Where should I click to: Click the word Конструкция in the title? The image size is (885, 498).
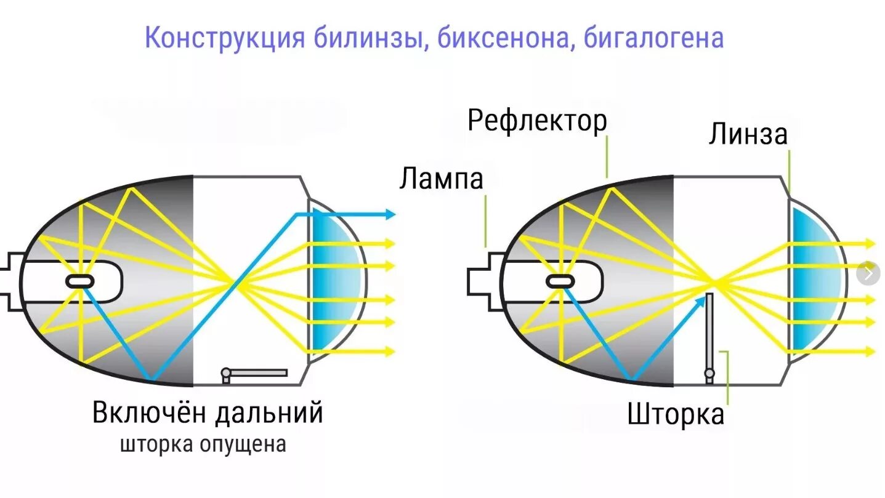pyautogui.click(x=225, y=38)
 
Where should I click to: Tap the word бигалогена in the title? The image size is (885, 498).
pyautogui.click(x=653, y=38)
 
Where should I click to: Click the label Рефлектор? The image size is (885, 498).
pyautogui.click(x=537, y=121)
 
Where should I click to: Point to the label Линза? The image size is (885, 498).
pyautogui.click(x=748, y=134)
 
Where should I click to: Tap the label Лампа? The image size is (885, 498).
pyautogui.click(x=441, y=179)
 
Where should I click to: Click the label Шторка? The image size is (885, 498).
pyautogui.click(x=676, y=414)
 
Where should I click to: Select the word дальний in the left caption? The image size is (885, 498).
pyautogui.click(x=269, y=412)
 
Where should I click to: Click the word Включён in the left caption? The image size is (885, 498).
pyautogui.click(x=150, y=412)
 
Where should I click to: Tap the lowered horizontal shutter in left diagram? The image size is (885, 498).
pyautogui.click(x=257, y=372)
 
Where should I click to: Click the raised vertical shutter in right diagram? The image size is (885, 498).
pyautogui.click(x=709, y=332)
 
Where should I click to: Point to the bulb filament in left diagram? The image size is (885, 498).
pyautogui.click(x=81, y=281)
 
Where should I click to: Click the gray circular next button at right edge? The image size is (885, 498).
pyautogui.click(x=869, y=273)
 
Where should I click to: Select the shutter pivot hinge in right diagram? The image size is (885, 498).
pyautogui.click(x=709, y=373)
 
